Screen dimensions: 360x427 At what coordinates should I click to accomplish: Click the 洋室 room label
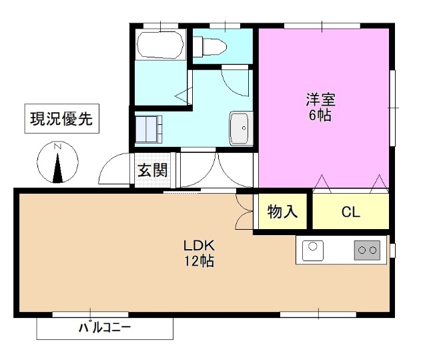click(x=320, y=100)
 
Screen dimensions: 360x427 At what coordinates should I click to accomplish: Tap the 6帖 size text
click(x=320, y=115)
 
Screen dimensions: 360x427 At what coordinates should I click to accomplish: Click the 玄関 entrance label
click(x=153, y=170)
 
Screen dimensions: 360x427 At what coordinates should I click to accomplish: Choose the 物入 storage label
click(x=282, y=212)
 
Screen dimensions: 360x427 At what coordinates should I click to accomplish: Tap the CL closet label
click(x=350, y=213)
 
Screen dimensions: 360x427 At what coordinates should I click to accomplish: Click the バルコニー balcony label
click(x=105, y=328)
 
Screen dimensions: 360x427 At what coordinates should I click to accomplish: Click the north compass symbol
click(x=58, y=164)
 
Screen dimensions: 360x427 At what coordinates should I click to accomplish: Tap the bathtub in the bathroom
click(x=159, y=45)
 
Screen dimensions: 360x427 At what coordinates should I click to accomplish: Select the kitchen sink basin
click(x=313, y=250)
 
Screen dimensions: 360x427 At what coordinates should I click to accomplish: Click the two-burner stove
click(x=367, y=250)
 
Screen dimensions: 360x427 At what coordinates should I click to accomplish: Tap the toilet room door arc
click(x=234, y=80)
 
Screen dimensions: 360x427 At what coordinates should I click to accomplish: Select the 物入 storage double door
click(x=244, y=212)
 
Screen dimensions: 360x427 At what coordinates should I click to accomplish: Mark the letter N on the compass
click(x=58, y=147)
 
